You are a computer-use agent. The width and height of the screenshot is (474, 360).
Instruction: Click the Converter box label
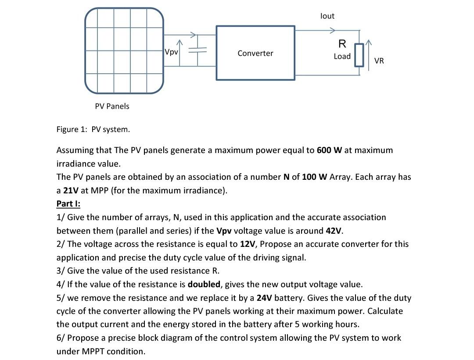point(255,53)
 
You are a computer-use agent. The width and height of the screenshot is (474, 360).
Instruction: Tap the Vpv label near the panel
point(172,52)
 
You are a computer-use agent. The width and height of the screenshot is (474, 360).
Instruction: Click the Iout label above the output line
point(327,16)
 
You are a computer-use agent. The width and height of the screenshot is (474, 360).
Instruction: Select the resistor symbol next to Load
point(359,55)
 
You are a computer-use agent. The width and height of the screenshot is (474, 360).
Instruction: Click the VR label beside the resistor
point(379,61)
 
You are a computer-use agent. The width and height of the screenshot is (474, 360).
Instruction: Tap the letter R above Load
point(342,44)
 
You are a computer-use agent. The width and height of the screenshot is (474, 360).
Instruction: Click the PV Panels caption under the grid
point(112,106)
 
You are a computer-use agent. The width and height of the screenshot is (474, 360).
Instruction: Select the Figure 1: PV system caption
point(93,129)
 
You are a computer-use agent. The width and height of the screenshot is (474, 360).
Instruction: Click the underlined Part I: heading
point(68,203)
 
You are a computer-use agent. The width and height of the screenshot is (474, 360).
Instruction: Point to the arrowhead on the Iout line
point(333,30)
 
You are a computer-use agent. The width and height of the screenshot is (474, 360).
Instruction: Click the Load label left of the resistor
point(342,56)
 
